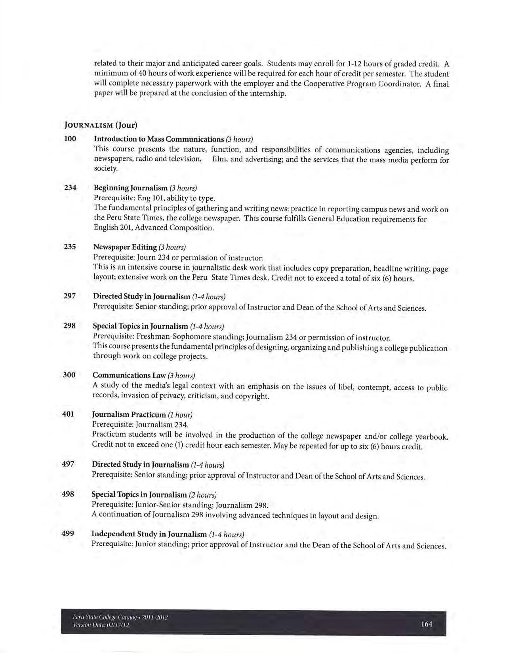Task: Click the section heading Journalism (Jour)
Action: pos(101,125)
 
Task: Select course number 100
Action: pos(70,139)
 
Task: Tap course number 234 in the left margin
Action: pos(70,188)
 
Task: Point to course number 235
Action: pos(70,247)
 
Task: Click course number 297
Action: pos(70,296)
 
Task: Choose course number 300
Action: pos(69,375)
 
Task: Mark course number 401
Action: pos(69,414)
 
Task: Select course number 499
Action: pos(68,533)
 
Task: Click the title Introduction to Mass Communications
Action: pos(159,139)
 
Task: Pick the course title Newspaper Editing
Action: pos(125,247)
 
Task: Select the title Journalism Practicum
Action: pos(129,415)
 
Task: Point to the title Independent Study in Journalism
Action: pos(149,534)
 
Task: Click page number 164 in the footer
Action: pos(427,624)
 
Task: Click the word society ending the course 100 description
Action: pos(106,169)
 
